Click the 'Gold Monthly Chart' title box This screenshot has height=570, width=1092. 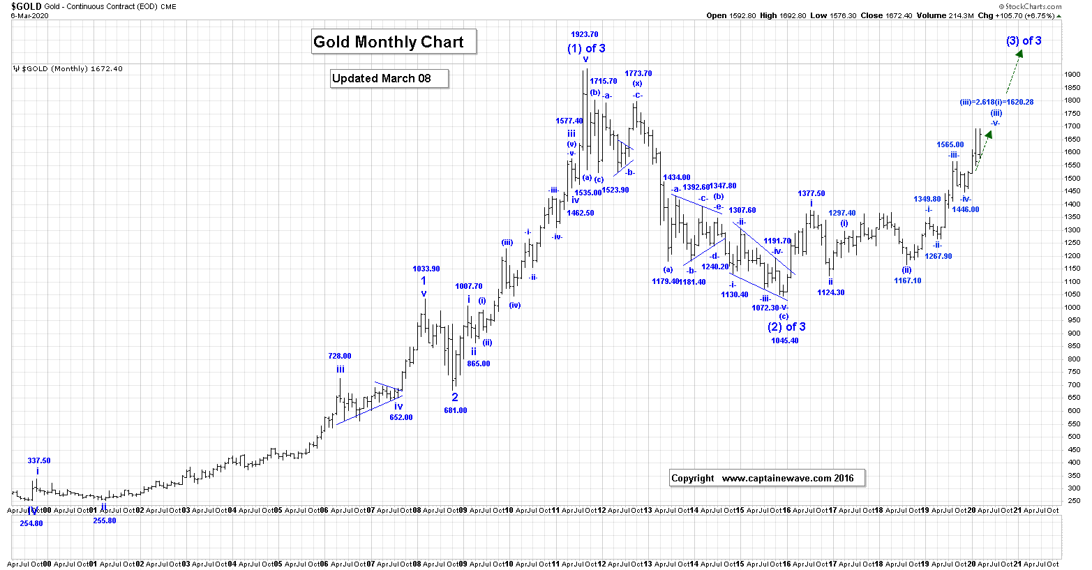pos(394,42)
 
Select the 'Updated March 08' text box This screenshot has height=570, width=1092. pos(389,79)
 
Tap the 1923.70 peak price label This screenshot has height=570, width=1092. pos(585,34)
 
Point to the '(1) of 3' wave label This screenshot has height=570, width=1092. pos(586,49)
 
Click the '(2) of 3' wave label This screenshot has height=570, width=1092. pos(786,327)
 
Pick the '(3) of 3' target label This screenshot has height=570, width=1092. pos(1024,41)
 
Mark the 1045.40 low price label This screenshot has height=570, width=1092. pos(785,341)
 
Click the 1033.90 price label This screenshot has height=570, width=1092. pos(426,269)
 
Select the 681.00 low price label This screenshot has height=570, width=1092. pos(456,410)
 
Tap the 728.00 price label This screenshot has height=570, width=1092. pos(340,356)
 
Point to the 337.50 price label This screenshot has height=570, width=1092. pos(39,460)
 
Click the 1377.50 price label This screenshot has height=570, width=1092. pos(811,193)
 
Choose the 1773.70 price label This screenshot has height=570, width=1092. pos(638,73)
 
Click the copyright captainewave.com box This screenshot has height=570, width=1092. pos(767,479)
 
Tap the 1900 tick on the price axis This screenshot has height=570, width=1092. pos(1073,75)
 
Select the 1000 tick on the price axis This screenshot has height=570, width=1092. pos(1073,308)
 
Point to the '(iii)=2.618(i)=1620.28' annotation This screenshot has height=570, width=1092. pos(996,102)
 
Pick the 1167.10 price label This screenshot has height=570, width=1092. pos(907,280)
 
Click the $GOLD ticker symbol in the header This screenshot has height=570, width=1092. pos(27,6)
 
